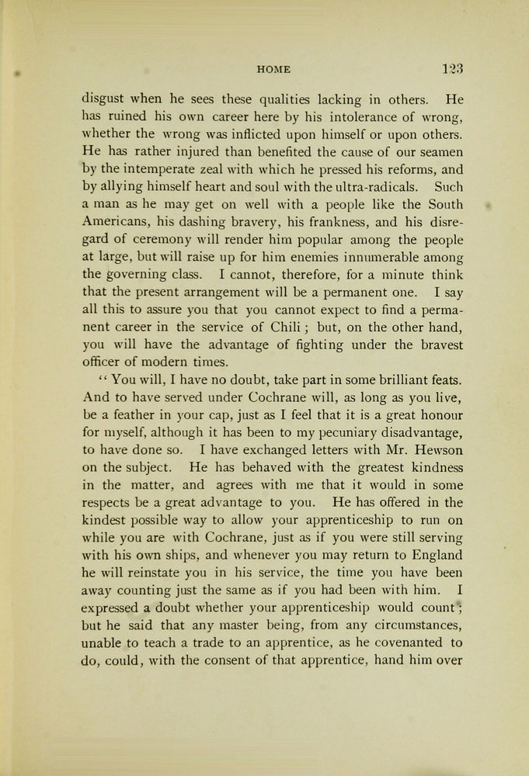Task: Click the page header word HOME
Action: point(273,69)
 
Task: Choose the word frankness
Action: point(317,222)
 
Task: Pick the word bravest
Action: point(436,345)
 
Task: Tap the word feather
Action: point(132,414)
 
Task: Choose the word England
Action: point(431,555)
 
